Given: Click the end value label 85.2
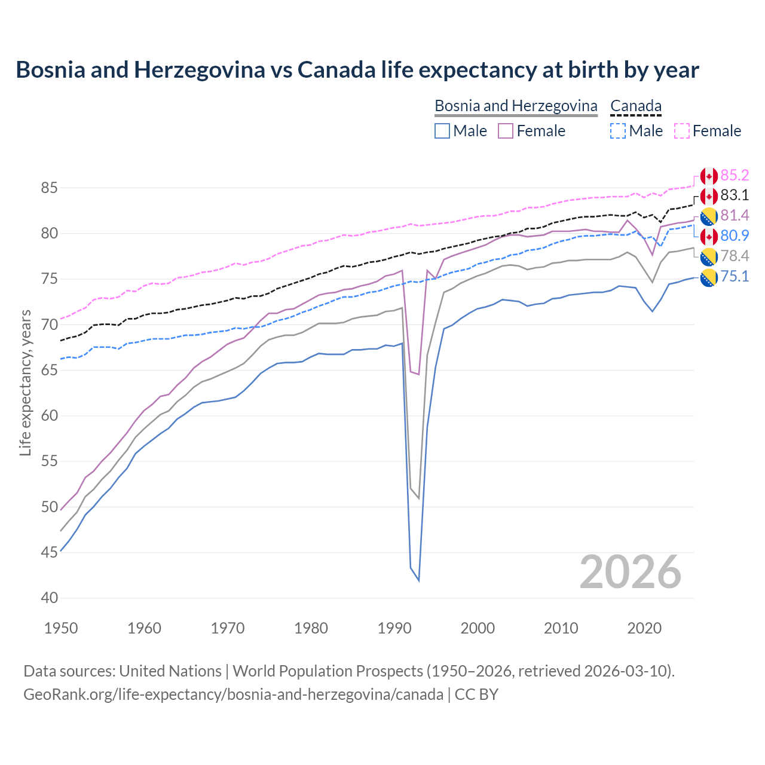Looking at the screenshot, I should click(735, 175).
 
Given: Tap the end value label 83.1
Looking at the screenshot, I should click(735, 195).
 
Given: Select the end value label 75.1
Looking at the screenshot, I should click(735, 276).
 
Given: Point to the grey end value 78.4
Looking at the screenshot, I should click(735, 256).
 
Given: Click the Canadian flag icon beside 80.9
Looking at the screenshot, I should click(708, 236).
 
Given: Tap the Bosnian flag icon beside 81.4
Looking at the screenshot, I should click(708, 216).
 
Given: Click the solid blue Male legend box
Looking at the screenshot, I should click(442, 131).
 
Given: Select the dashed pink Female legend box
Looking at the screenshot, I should click(681, 131).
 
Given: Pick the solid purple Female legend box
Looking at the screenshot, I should click(506, 131).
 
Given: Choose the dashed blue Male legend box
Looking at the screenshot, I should click(618, 131).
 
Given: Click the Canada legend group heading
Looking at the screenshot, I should click(636, 106).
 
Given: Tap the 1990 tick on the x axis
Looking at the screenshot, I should click(394, 628).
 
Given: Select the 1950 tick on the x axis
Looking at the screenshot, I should click(61, 628).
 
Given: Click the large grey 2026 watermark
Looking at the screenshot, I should click(630, 572).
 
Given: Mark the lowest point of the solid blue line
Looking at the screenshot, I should click(419, 580).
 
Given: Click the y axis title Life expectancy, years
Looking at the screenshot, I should click(25, 382).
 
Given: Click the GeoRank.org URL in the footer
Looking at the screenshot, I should click(233, 694).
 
